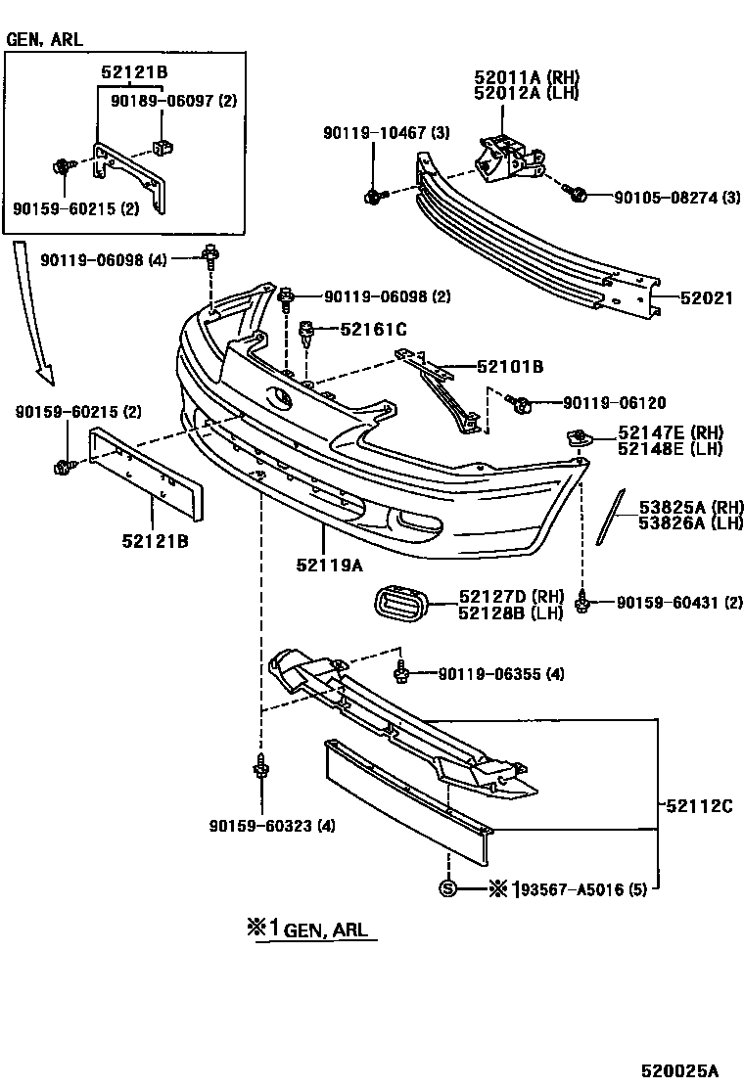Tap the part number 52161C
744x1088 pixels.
click(x=373, y=330)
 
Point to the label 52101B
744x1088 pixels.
click(x=510, y=368)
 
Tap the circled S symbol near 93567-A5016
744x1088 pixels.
click(x=447, y=888)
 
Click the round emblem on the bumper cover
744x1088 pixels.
click(x=277, y=398)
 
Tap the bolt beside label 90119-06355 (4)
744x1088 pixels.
click(x=402, y=672)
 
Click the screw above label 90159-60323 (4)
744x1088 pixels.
click(x=260, y=768)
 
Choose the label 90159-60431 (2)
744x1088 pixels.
click(x=679, y=604)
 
